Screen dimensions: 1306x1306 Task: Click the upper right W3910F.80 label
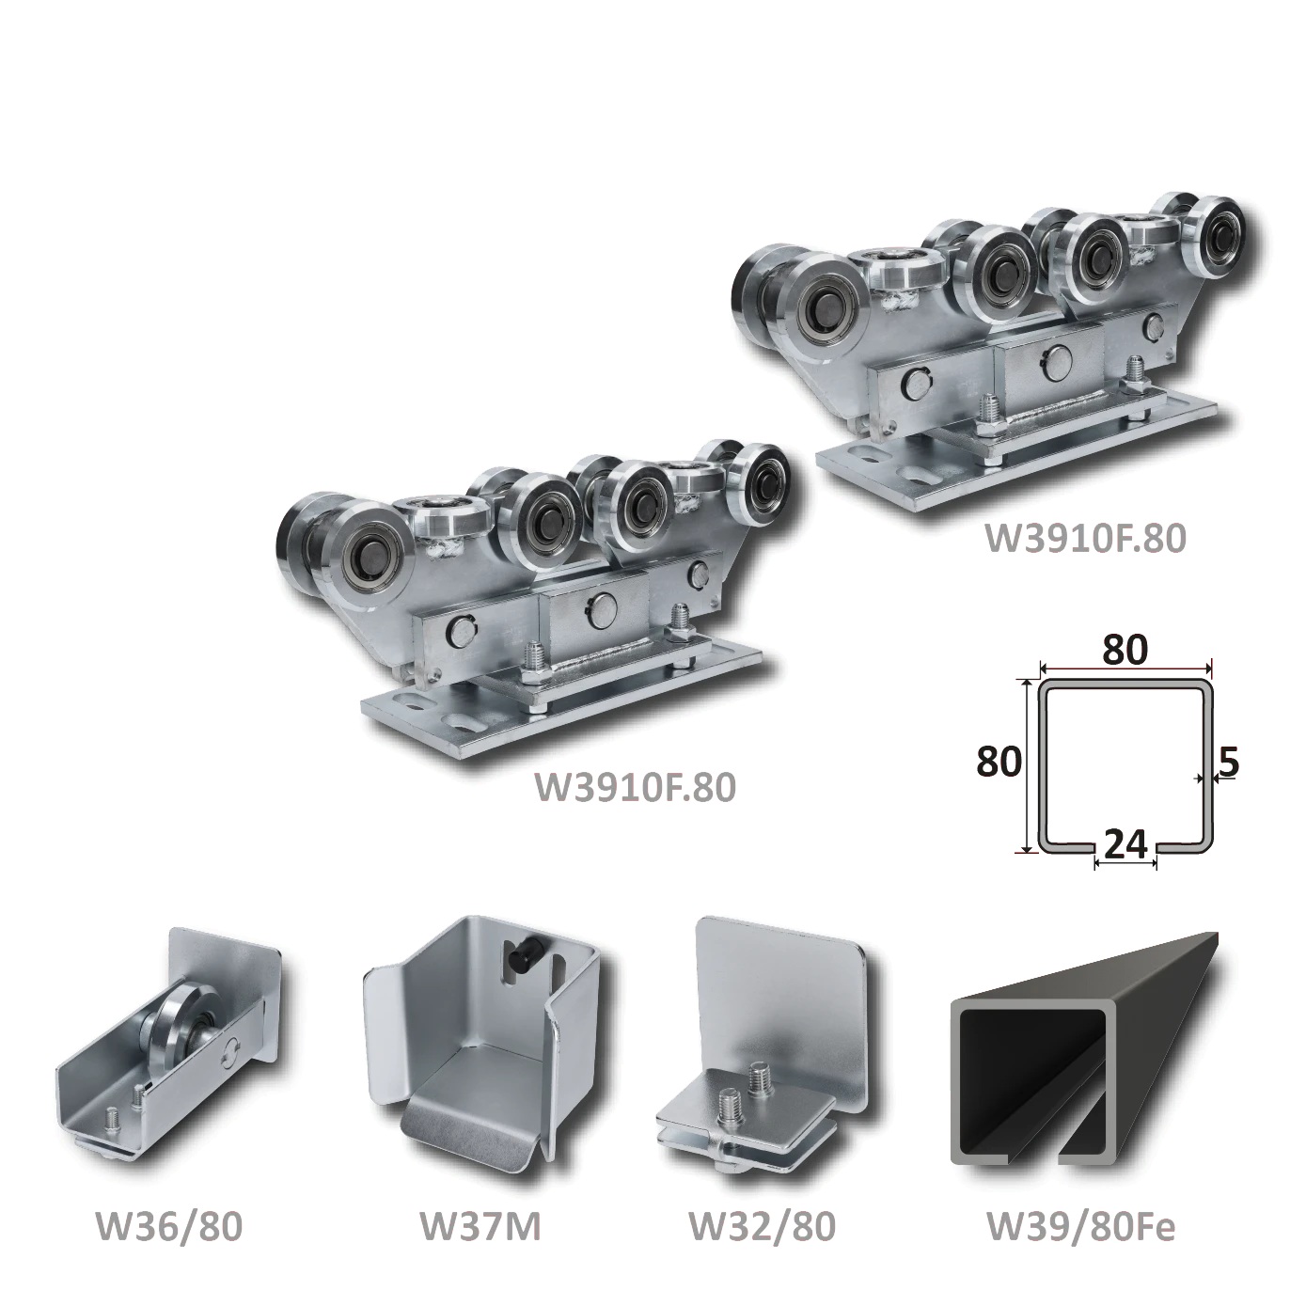coord(1085,538)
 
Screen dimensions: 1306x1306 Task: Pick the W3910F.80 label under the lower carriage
coord(635,787)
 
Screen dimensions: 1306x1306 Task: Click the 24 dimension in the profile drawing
coord(1125,843)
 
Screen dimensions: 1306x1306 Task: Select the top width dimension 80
coord(1125,650)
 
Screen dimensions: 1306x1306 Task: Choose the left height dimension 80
coord(999,762)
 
